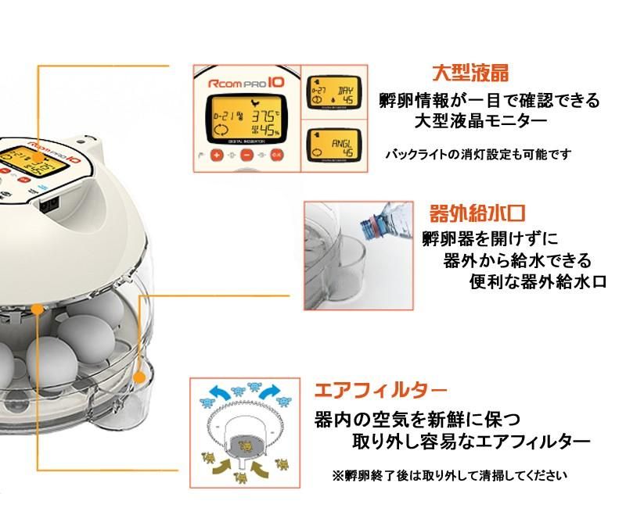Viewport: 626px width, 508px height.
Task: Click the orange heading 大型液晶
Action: [x=471, y=74]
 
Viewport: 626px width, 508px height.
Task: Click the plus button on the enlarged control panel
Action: [x=217, y=154]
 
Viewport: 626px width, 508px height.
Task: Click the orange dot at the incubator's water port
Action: [x=140, y=378]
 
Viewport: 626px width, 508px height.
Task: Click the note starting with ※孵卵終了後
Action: [x=449, y=474]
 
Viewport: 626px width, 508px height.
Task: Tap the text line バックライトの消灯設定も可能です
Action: [x=478, y=154]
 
